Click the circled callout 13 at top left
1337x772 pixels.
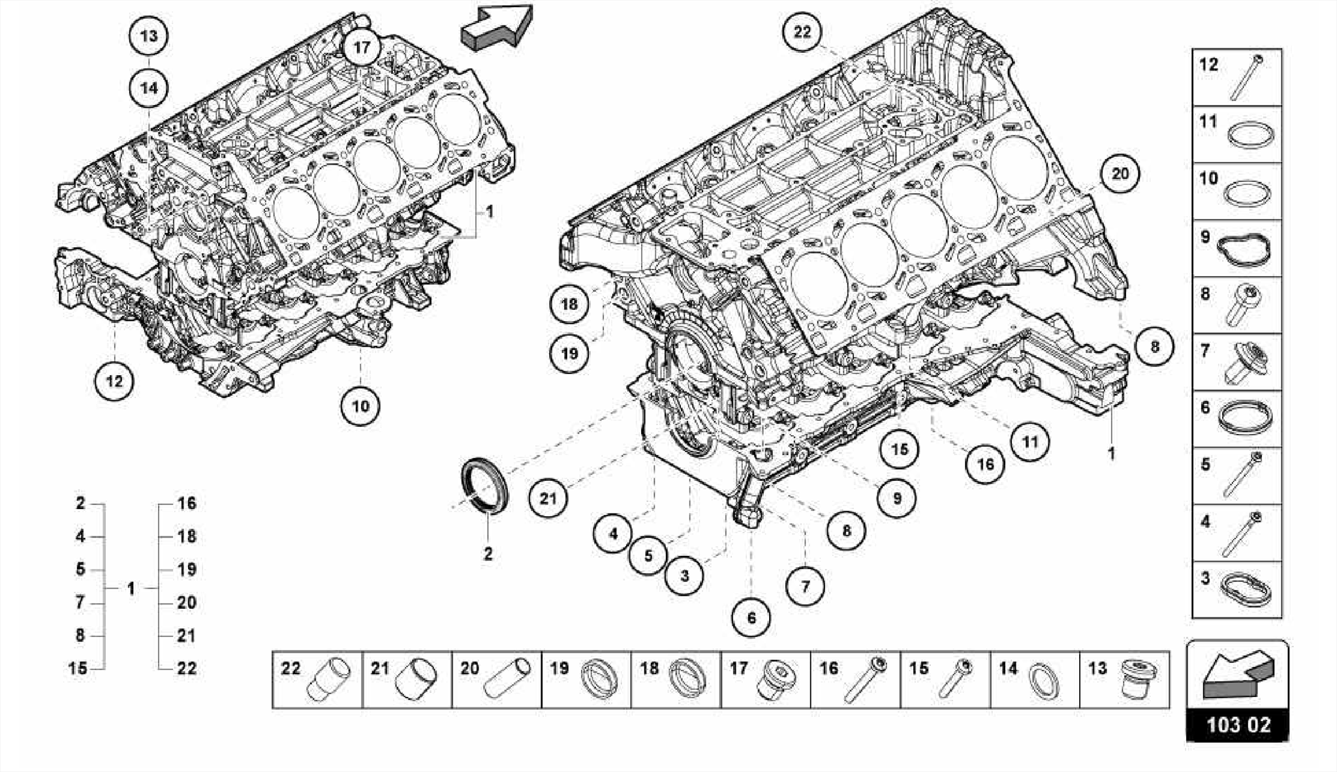(149, 35)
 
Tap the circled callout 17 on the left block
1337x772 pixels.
(362, 47)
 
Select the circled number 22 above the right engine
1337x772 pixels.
(802, 31)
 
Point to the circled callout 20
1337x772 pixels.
(1120, 174)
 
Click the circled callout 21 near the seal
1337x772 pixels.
(548, 499)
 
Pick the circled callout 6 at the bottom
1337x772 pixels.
(751, 617)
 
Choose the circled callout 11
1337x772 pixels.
(1030, 442)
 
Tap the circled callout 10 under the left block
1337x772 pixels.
(360, 407)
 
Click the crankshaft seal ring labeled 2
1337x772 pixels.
(485, 486)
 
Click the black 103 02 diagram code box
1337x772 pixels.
(1238, 724)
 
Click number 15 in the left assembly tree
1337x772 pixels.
(78, 668)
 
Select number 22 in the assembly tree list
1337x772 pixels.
(187, 668)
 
